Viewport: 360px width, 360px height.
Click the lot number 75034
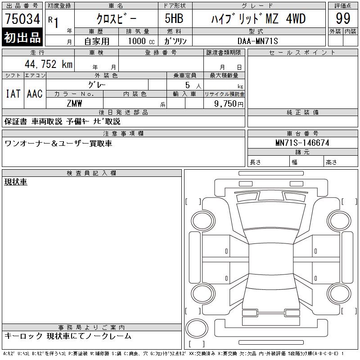(x=22, y=18)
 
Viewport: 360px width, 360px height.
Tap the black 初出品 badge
(x=22, y=37)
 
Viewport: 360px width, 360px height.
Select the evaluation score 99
(x=343, y=18)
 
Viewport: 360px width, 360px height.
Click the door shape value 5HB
(x=174, y=18)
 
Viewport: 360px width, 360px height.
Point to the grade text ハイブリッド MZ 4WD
(x=258, y=18)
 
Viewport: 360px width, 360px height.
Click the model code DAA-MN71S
(x=257, y=41)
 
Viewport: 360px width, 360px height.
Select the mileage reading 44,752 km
(x=49, y=64)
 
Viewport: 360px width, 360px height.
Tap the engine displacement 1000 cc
(x=141, y=41)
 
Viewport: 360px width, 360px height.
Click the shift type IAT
(x=13, y=94)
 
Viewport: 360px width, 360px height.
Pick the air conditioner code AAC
(x=35, y=94)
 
